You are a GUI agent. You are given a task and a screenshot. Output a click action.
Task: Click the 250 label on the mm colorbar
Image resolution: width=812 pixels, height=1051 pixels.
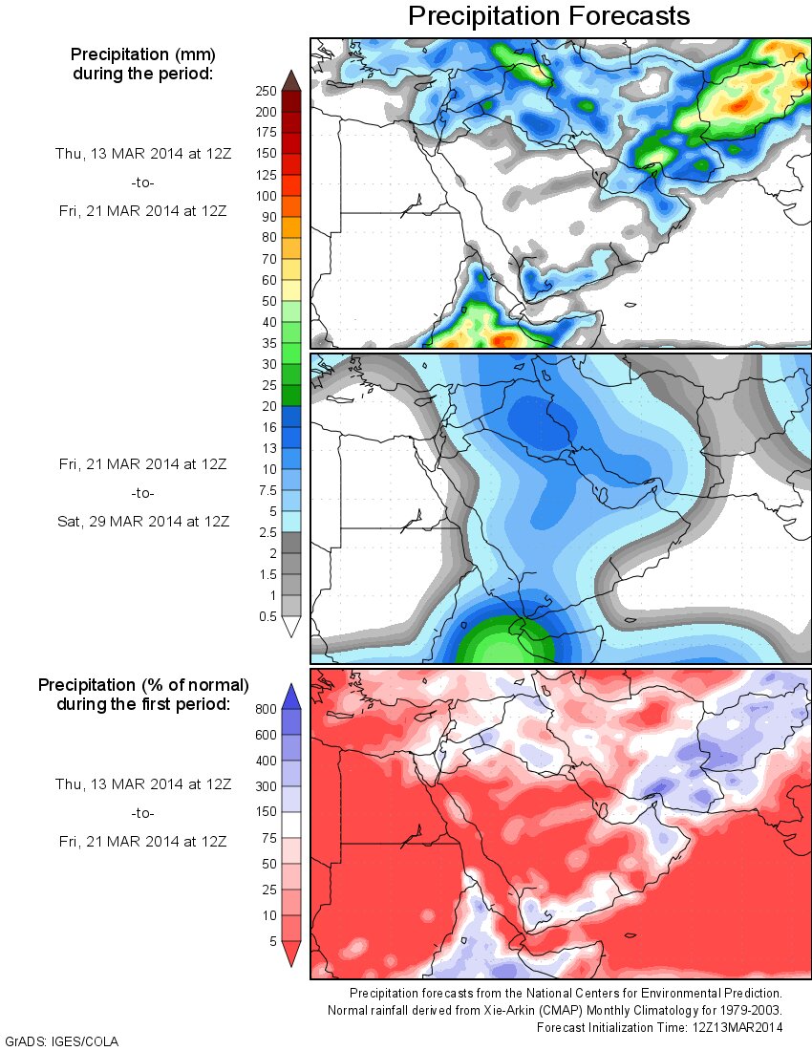click(267, 91)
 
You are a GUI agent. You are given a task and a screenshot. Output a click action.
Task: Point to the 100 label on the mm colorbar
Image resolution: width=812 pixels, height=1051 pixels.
click(267, 195)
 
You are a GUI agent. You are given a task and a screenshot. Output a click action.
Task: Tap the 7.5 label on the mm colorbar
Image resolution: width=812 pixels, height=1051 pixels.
click(267, 490)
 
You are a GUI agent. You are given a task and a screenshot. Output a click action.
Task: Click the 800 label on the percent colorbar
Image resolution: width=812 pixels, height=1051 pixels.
click(267, 710)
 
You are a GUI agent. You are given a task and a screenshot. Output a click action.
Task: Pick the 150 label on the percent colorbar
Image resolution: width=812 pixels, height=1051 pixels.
click(267, 811)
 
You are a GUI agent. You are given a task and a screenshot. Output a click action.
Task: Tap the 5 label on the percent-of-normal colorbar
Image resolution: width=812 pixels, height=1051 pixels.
click(271, 941)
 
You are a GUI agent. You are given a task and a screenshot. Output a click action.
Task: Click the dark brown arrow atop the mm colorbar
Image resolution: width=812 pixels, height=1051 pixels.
click(291, 80)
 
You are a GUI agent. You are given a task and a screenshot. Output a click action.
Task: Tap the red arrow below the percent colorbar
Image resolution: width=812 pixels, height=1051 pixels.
click(291, 953)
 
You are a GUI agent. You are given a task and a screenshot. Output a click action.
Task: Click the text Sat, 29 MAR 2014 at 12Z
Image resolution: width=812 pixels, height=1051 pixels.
click(143, 521)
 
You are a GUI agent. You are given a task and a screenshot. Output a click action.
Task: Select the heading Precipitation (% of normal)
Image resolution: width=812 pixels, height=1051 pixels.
click(143, 685)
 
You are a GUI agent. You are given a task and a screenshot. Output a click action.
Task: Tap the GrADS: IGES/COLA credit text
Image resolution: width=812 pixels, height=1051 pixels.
click(62, 1040)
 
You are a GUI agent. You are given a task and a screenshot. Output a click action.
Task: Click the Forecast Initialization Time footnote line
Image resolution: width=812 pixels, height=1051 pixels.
click(659, 1027)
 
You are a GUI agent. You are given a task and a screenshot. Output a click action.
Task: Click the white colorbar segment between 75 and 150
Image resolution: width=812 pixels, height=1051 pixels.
click(291, 825)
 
